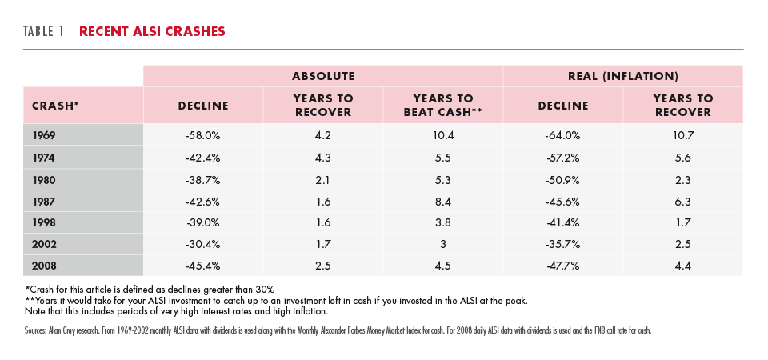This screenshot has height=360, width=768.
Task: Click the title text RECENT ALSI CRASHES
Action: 152,31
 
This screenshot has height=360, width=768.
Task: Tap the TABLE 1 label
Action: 43,31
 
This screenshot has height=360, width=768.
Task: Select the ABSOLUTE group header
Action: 323,76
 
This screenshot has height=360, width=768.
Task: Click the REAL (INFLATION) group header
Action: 623,76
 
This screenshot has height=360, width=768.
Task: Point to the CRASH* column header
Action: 55,106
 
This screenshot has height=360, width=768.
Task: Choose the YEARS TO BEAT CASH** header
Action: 442,106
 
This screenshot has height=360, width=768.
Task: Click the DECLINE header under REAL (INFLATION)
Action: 562,106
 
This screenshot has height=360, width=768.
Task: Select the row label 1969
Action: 43,136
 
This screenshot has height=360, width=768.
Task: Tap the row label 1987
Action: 43,201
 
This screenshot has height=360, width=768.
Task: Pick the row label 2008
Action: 44,266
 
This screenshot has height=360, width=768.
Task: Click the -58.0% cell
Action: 202,136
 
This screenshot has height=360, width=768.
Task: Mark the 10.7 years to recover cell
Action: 682,136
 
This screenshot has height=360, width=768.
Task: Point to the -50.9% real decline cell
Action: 562,179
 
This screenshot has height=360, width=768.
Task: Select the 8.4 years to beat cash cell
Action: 442,201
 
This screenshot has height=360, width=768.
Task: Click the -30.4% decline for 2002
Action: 202,245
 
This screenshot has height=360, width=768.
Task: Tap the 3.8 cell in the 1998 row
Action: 442,223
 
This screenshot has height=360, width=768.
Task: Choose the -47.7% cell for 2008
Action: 562,266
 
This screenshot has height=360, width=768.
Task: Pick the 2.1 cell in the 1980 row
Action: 322,179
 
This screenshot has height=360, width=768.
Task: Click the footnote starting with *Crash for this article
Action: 153,289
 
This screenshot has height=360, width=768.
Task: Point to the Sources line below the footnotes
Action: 338,330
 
